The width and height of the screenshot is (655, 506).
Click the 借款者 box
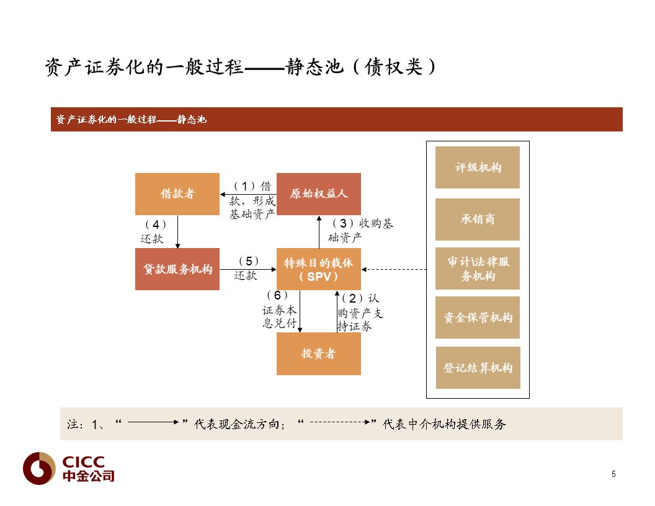(x=177, y=194)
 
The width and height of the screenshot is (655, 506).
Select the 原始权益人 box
(x=319, y=194)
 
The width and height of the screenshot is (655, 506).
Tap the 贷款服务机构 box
(x=177, y=269)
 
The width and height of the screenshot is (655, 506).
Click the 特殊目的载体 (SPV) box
(x=319, y=269)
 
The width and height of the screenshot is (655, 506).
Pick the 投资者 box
(x=319, y=353)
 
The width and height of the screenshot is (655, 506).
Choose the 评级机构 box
(x=478, y=167)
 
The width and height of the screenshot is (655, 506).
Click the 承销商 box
(x=478, y=219)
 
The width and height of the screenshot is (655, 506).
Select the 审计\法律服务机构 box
(x=478, y=269)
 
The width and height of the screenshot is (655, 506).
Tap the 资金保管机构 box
(x=478, y=317)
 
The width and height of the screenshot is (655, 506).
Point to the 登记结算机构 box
(x=478, y=367)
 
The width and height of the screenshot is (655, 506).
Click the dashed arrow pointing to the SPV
(x=393, y=269)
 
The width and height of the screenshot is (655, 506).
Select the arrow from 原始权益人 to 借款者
(x=248, y=195)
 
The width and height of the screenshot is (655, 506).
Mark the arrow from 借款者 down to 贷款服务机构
(x=177, y=232)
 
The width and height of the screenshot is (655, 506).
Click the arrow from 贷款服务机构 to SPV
(x=248, y=269)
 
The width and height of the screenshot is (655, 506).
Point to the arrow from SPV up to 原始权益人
(x=319, y=232)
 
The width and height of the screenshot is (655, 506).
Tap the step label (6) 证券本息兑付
(x=280, y=309)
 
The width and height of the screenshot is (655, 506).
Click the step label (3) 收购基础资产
(x=361, y=230)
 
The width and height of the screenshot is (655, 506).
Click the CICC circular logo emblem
(x=39, y=468)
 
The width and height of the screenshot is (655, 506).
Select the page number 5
(x=613, y=474)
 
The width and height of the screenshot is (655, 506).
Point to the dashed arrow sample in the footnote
(x=340, y=422)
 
